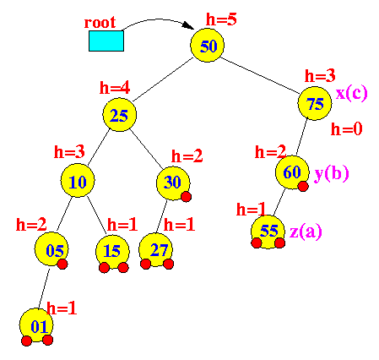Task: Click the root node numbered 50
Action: (x=208, y=45)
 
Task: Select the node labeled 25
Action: (x=119, y=115)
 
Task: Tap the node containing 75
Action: (x=315, y=103)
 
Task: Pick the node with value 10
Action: (x=78, y=180)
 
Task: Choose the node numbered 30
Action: (x=173, y=183)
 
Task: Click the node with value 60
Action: (x=292, y=172)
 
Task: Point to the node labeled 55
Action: (x=268, y=232)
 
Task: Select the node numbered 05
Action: (x=51, y=249)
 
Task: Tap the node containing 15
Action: (x=112, y=252)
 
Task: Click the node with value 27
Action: (x=156, y=250)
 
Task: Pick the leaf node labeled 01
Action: (x=36, y=325)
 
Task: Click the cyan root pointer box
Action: (x=106, y=41)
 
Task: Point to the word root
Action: (x=100, y=22)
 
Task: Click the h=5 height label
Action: (x=221, y=19)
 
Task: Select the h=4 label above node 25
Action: (x=115, y=87)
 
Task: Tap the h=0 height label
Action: (x=346, y=129)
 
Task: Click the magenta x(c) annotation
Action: (x=352, y=93)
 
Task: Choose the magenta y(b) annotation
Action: (x=332, y=173)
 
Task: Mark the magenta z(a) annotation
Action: (x=306, y=232)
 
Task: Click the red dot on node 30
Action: (x=187, y=197)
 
